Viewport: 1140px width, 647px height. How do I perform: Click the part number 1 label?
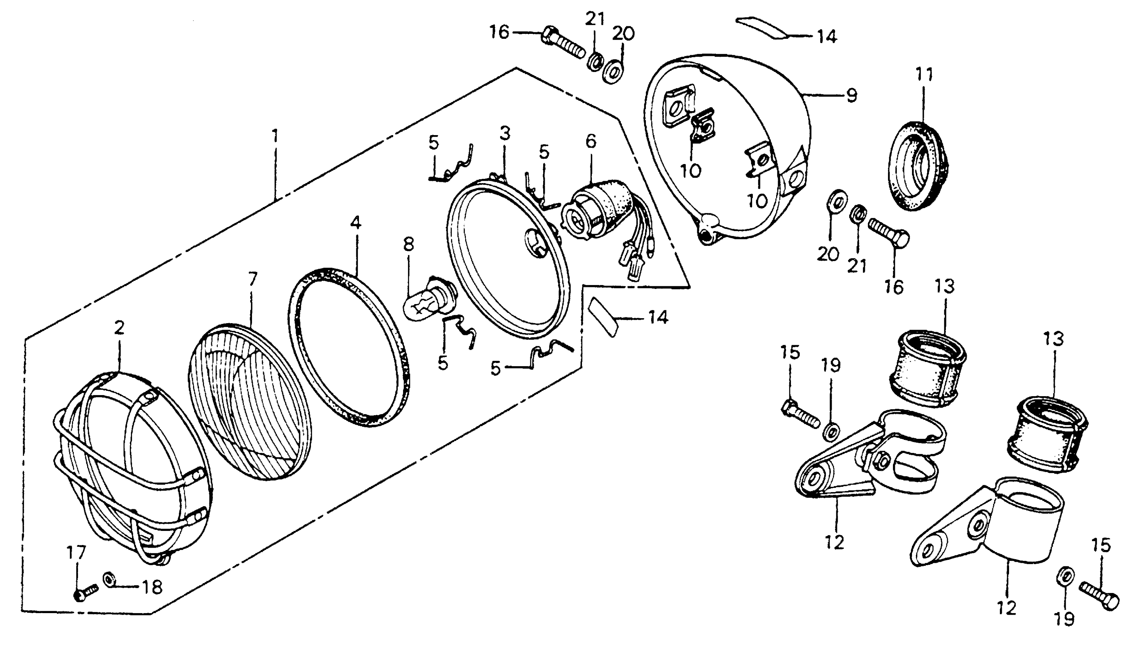pyautogui.click(x=276, y=135)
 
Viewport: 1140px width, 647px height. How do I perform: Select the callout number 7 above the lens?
pyautogui.click(x=252, y=279)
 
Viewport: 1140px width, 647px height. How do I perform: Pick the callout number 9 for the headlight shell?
pyautogui.click(x=851, y=96)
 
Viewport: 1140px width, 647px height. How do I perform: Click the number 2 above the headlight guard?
pyautogui.click(x=119, y=328)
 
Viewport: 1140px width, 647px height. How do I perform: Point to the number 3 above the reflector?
pyautogui.click(x=505, y=133)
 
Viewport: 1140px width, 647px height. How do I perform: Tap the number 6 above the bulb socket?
pyautogui.click(x=591, y=141)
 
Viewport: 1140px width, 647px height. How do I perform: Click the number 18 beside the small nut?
pyautogui.click(x=152, y=588)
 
